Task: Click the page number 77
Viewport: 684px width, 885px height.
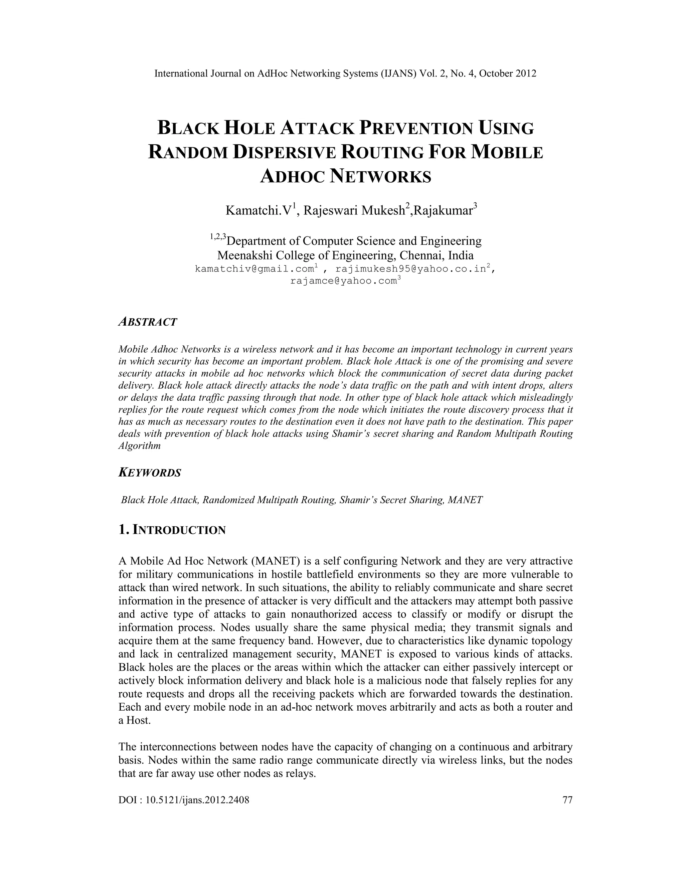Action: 567,800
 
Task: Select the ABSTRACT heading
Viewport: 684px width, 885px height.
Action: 148,322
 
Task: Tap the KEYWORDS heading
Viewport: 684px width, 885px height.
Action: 150,473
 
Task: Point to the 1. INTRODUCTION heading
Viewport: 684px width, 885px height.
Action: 172,530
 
